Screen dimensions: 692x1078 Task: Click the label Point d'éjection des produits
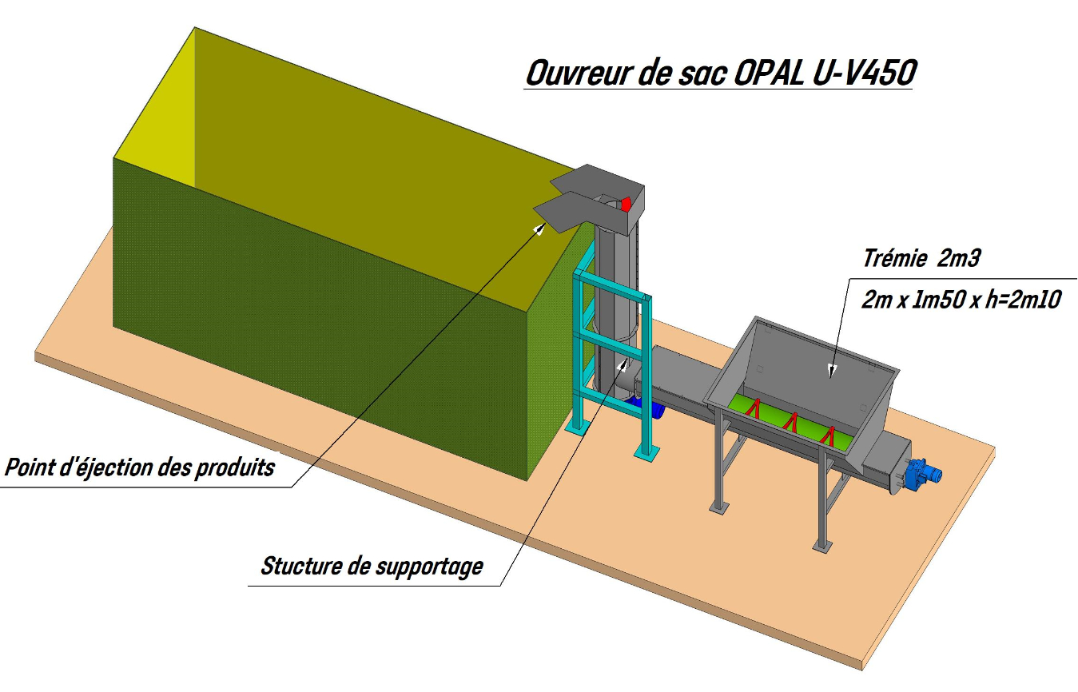point(140,467)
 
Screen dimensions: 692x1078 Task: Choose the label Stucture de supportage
point(372,566)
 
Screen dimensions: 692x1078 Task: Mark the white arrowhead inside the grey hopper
point(832,370)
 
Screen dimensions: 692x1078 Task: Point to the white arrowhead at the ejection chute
point(541,229)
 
